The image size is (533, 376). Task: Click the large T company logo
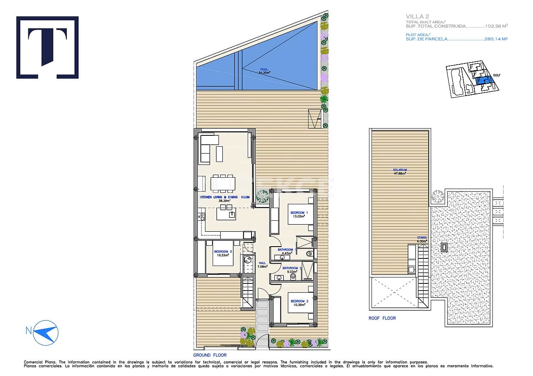click(x=47, y=47)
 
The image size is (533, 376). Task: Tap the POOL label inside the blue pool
click(x=264, y=71)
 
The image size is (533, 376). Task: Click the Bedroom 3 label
click(x=223, y=253)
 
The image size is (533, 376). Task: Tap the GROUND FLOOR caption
click(x=210, y=355)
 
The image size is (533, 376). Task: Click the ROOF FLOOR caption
click(x=382, y=318)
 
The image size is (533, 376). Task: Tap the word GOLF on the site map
click(x=496, y=75)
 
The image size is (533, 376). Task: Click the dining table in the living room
click(x=223, y=183)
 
